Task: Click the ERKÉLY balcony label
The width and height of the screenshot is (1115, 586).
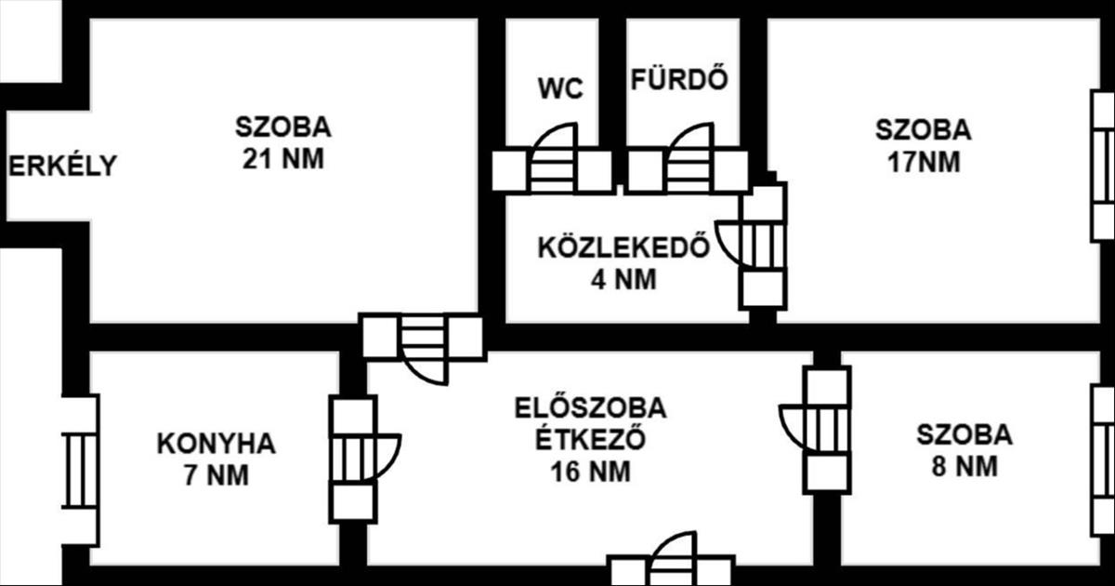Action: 63,166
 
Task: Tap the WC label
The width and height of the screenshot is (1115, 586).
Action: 560,89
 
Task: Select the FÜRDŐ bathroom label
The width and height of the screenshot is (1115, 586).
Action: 678,80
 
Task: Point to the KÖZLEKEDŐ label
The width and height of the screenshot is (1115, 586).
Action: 623,248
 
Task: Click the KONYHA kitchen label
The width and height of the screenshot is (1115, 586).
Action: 216,444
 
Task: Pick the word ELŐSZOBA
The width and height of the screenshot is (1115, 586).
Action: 591,408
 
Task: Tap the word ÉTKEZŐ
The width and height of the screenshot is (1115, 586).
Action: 591,440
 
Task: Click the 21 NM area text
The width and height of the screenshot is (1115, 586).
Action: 282,158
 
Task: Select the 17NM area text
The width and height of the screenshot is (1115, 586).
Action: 923,162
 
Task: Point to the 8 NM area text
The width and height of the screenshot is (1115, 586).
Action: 964,466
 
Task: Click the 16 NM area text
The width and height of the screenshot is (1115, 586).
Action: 591,472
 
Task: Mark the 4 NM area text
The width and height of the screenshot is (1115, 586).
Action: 623,280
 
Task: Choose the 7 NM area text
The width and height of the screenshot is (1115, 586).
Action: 216,475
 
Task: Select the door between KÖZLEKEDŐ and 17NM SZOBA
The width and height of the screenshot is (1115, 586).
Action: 757,245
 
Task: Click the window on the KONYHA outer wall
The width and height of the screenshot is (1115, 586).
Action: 80,469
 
